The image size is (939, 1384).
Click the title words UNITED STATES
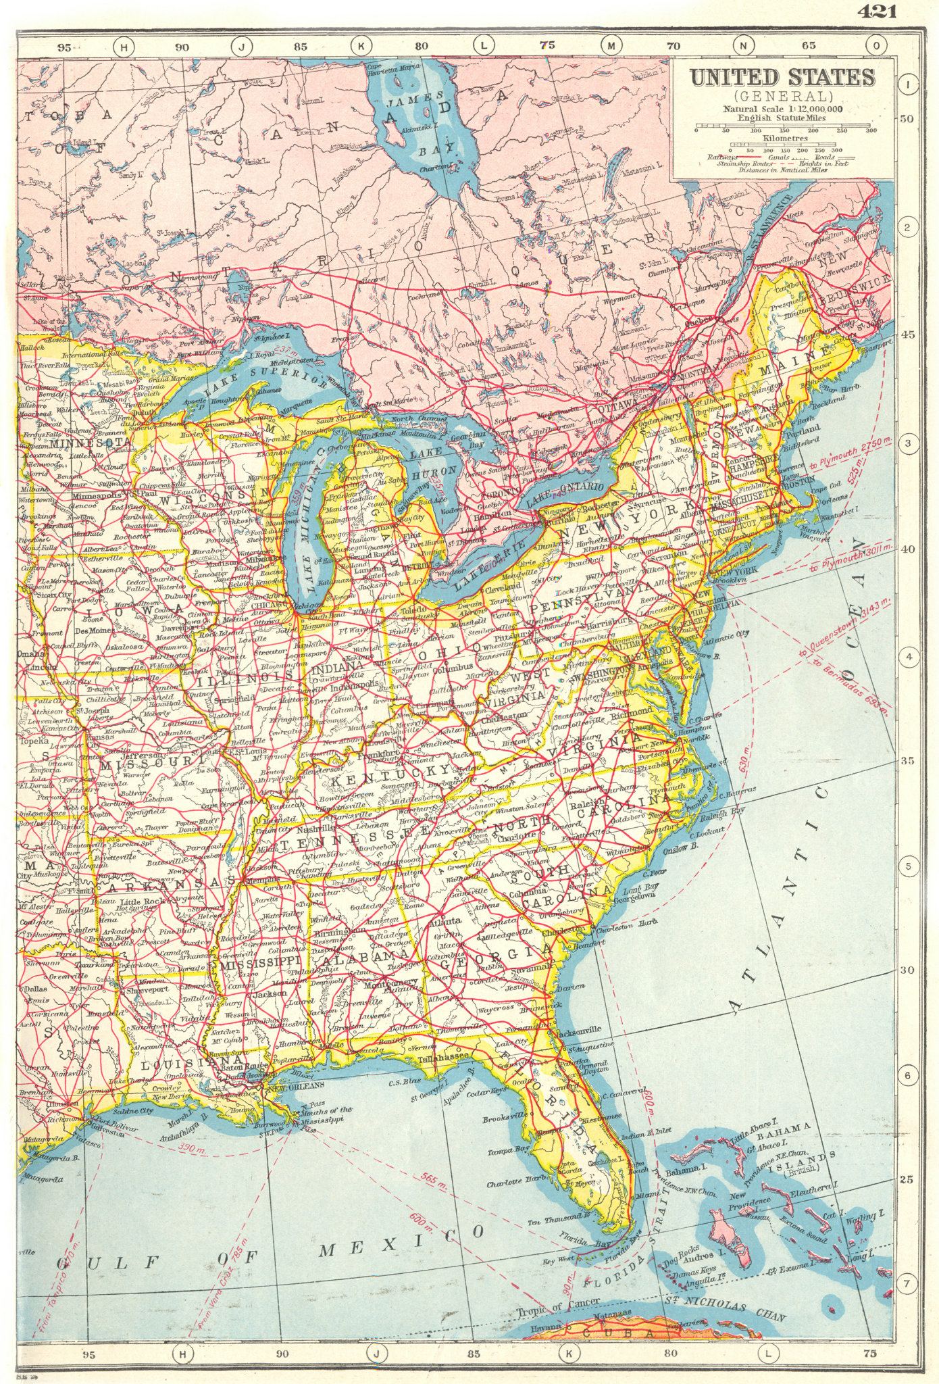(782, 77)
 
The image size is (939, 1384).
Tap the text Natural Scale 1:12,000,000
(782, 108)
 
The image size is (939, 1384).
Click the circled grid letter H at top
(124, 46)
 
